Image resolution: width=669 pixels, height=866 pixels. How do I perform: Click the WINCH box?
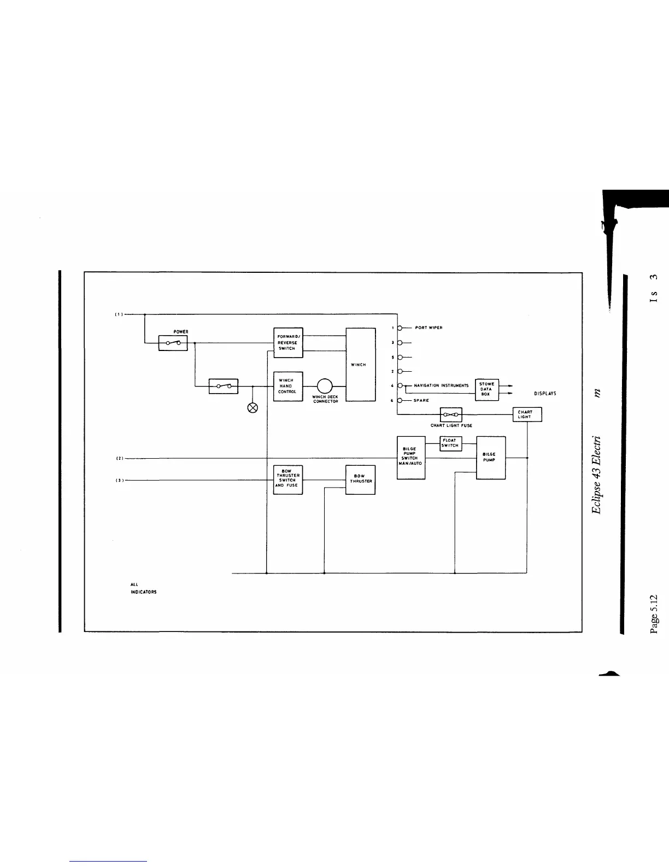(x=361, y=364)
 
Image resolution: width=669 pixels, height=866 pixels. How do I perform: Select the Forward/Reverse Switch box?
(x=287, y=342)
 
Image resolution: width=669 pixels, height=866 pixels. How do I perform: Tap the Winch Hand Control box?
(x=287, y=386)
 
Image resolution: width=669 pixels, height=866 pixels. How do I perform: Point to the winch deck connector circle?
(x=324, y=386)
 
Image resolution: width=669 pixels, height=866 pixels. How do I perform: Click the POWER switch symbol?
(x=173, y=343)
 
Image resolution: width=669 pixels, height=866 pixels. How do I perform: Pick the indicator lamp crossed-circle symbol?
(x=253, y=407)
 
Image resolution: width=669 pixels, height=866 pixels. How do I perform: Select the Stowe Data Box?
(x=487, y=389)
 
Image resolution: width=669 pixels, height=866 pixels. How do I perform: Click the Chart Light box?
(x=527, y=414)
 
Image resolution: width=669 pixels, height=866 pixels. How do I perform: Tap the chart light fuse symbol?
(x=451, y=414)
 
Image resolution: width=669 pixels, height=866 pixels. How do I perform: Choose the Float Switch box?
(x=451, y=443)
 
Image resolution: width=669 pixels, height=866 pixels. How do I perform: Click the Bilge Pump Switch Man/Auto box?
(x=410, y=458)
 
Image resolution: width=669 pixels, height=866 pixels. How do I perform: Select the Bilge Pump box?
(x=490, y=458)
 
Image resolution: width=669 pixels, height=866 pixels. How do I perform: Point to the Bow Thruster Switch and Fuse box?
(x=287, y=479)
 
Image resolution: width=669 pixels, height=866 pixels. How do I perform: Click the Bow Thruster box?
(x=360, y=479)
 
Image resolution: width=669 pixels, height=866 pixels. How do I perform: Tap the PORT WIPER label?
(x=429, y=328)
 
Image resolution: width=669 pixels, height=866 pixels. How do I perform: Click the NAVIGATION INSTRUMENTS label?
(x=441, y=385)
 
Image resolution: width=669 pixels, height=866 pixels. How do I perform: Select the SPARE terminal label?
(x=421, y=400)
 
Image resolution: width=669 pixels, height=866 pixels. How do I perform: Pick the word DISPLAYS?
(x=545, y=394)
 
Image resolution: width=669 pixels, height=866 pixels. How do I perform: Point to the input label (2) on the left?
(x=119, y=458)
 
